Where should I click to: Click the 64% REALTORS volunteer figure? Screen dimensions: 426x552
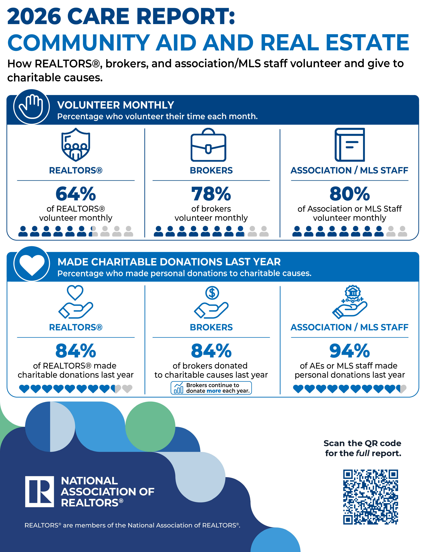[76, 194]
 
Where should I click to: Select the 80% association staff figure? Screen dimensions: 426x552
[350, 194]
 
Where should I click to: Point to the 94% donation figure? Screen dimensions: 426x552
[350, 351]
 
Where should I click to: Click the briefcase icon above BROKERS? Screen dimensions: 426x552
[208, 145]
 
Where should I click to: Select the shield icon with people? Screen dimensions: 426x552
[76, 145]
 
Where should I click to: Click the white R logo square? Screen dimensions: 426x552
[40, 492]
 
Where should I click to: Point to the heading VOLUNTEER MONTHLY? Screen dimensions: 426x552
[116, 105]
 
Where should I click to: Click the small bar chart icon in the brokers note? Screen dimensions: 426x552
[179, 388]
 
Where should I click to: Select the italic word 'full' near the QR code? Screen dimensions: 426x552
[363, 453]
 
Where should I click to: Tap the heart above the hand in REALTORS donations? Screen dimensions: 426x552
[75, 292]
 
